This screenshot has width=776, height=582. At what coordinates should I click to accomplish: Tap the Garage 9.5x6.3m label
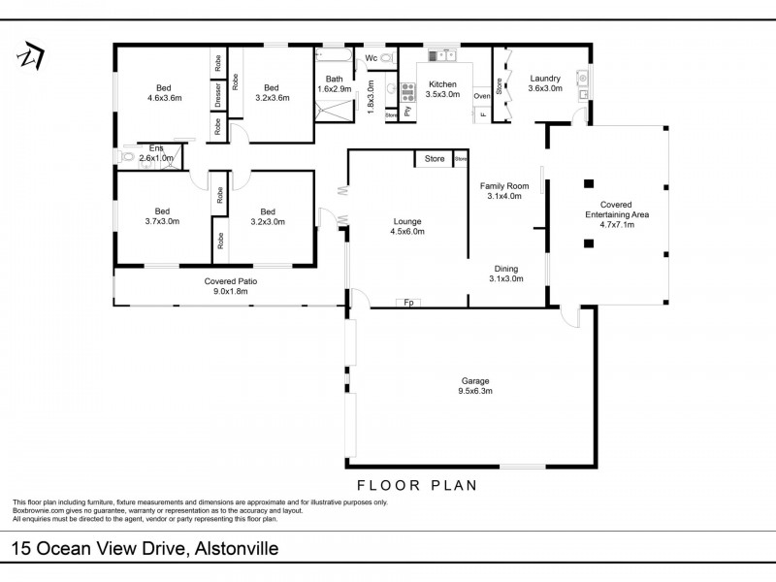(475, 386)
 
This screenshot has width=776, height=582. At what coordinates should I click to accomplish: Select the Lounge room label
(407, 226)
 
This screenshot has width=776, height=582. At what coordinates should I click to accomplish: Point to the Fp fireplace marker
(409, 303)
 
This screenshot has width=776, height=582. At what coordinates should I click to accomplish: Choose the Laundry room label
(544, 83)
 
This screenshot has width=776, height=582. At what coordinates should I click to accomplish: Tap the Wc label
(371, 59)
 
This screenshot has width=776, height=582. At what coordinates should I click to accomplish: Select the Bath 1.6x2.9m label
(334, 84)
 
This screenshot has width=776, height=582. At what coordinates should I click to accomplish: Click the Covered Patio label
(231, 286)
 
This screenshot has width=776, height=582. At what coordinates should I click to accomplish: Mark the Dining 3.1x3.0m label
(506, 274)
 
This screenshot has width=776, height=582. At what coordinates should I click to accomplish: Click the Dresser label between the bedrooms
(219, 94)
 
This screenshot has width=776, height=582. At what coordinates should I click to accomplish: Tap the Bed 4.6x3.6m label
(164, 91)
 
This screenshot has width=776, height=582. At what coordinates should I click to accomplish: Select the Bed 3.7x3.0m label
(161, 215)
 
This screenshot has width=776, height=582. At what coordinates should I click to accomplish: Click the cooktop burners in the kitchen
(407, 93)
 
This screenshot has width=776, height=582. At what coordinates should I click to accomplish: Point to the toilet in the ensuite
(125, 156)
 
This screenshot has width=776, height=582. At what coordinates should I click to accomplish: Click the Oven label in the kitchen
(482, 96)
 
